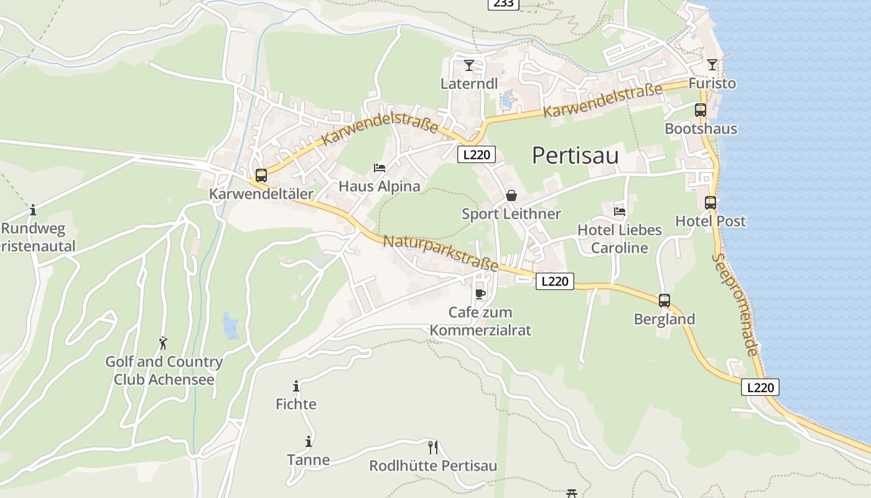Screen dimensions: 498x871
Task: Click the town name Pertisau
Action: click(x=575, y=156)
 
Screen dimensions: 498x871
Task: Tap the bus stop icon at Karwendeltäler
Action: click(x=261, y=176)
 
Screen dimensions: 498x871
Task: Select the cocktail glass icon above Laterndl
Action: click(x=469, y=65)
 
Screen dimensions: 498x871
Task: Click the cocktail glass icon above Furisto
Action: click(x=712, y=64)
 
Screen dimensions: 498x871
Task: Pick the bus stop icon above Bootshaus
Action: click(x=701, y=110)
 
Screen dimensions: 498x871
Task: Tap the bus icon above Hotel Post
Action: click(x=710, y=202)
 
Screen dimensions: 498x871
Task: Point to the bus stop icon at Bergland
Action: click(x=664, y=301)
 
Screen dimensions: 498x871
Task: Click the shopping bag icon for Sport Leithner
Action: click(x=511, y=195)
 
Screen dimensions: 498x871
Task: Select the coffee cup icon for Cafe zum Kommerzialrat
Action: click(x=480, y=293)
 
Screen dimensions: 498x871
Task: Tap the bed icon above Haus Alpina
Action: click(x=380, y=167)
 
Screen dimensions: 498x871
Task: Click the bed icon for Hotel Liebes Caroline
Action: click(x=619, y=212)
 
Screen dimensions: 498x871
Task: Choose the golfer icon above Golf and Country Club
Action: click(x=163, y=343)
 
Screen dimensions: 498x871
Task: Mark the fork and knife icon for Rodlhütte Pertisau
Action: click(x=433, y=447)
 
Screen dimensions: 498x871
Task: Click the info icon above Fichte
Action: click(x=296, y=386)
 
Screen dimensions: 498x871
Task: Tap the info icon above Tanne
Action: click(x=309, y=441)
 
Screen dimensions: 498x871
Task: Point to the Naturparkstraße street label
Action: click(x=440, y=253)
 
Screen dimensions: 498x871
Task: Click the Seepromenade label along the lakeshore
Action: click(x=735, y=304)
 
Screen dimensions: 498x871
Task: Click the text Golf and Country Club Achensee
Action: click(x=164, y=370)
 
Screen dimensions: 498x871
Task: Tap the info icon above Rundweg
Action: click(x=33, y=210)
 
